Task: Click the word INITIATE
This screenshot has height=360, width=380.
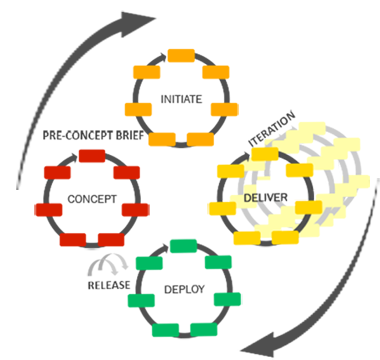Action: coord(181,99)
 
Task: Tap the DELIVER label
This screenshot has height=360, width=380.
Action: coord(265,198)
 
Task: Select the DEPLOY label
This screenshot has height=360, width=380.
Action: coord(184,289)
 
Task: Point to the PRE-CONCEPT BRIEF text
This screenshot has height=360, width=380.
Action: coord(93,136)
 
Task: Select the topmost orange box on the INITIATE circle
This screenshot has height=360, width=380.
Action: coord(181,55)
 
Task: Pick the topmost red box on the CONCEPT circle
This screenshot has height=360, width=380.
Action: coord(92,155)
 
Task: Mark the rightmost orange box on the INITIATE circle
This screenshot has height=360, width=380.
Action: coord(225,109)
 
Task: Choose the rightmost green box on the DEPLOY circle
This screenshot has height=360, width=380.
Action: coord(227,299)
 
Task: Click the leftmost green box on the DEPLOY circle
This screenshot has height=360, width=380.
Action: coord(141,300)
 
